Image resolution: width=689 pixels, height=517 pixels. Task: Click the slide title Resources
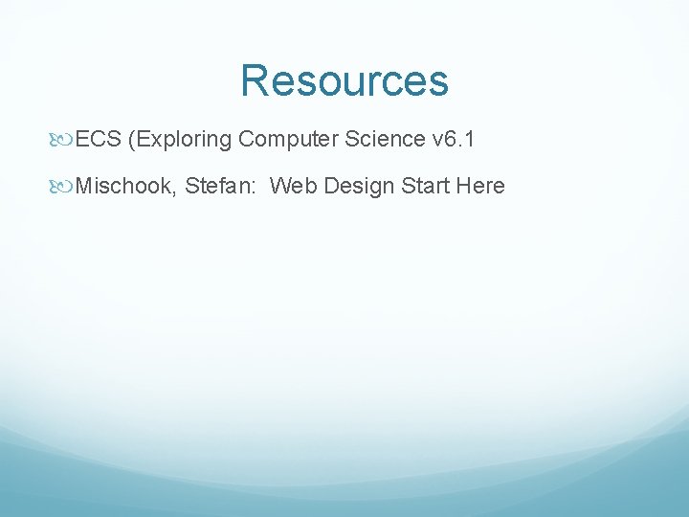coord(344,81)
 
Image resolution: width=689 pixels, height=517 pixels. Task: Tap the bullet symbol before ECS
coord(64,140)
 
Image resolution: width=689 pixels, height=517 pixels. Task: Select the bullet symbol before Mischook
coord(64,186)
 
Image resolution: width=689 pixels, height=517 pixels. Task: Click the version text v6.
coord(446,140)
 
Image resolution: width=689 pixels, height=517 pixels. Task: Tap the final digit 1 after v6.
coord(470,140)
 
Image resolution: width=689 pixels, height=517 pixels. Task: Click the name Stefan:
coord(221,186)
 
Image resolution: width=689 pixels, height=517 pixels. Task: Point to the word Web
coord(293,186)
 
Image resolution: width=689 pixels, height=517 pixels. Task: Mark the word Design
coord(359,186)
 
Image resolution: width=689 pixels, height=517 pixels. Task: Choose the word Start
coord(426,186)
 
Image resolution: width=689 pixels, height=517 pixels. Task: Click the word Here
coord(480,186)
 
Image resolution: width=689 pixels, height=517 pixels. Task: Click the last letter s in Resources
coord(437,84)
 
